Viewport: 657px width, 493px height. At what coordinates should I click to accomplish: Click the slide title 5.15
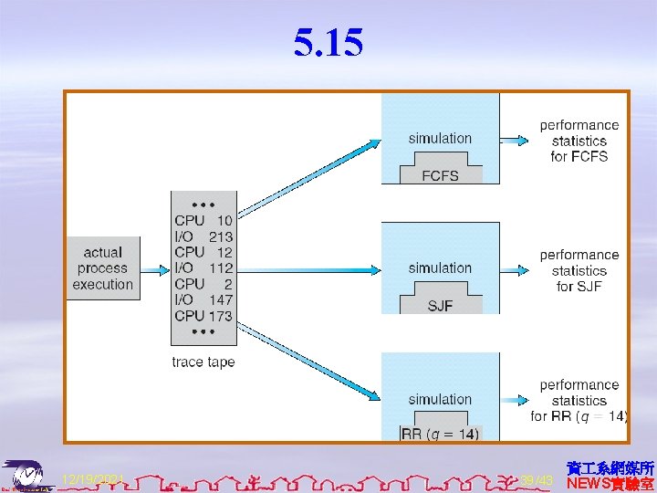(328, 42)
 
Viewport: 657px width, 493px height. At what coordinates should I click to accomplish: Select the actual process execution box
(103, 268)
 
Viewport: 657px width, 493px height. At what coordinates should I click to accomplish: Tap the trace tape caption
(203, 362)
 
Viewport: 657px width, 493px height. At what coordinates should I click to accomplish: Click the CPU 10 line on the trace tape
(203, 220)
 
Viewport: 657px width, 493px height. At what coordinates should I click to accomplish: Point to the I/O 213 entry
(203, 236)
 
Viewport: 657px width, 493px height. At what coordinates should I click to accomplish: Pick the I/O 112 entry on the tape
(203, 268)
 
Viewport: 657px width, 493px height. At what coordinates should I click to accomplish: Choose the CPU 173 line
(203, 316)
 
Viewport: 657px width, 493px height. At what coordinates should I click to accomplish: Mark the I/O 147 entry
(203, 299)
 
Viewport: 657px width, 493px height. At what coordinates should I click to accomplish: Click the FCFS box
(440, 174)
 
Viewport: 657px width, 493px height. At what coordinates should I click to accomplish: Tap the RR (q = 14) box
(440, 435)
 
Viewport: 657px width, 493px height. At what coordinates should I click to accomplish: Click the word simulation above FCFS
(440, 139)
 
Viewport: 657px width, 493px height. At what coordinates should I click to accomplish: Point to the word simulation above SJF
(440, 268)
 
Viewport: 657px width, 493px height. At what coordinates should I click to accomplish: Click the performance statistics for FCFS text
(579, 141)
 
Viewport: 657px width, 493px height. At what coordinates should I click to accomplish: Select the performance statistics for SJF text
(579, 270)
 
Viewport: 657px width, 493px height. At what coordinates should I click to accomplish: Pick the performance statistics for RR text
(579, 401)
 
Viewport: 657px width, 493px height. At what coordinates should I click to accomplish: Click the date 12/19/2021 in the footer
(92, 479)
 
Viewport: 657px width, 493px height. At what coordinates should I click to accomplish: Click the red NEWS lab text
(610, 483)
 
